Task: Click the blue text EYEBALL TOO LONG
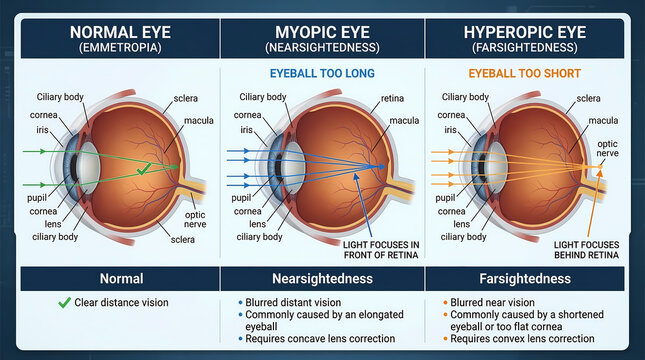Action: (x=322, y=73)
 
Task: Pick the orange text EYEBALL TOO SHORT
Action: (x=525, y=73)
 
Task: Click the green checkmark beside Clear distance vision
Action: (x=64, y=302)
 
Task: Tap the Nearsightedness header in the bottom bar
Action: (x=322, y=279)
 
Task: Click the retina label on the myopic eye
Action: (x=392, y=100)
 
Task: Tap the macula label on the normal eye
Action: (x=199, y=120)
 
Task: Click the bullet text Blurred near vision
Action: (x=491, y=302)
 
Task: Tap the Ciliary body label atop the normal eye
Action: (x=63, y=97)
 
